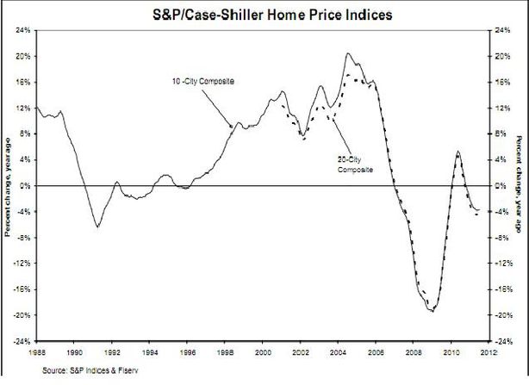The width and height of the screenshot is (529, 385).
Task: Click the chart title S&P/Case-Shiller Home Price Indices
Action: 272,15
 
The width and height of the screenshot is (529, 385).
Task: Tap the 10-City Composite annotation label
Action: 203,81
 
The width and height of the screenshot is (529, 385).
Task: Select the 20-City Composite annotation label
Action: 355,165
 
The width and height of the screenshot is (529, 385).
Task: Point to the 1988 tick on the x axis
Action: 36,352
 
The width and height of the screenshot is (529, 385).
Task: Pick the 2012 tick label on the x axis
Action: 489,352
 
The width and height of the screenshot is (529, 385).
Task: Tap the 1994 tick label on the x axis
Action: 149,352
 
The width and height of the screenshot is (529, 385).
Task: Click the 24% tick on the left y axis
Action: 23,30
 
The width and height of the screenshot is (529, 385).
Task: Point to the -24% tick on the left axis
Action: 22,341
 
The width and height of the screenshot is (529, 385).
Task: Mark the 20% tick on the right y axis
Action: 502,56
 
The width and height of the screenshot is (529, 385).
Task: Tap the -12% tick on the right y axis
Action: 503,264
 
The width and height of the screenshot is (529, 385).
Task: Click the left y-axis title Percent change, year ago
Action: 8,186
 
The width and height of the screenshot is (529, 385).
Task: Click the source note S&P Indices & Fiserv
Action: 90,370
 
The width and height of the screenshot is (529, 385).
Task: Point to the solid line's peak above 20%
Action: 348,53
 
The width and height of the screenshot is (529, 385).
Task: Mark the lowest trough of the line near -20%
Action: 433,311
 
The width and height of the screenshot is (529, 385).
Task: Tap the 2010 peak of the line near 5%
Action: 457,152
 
